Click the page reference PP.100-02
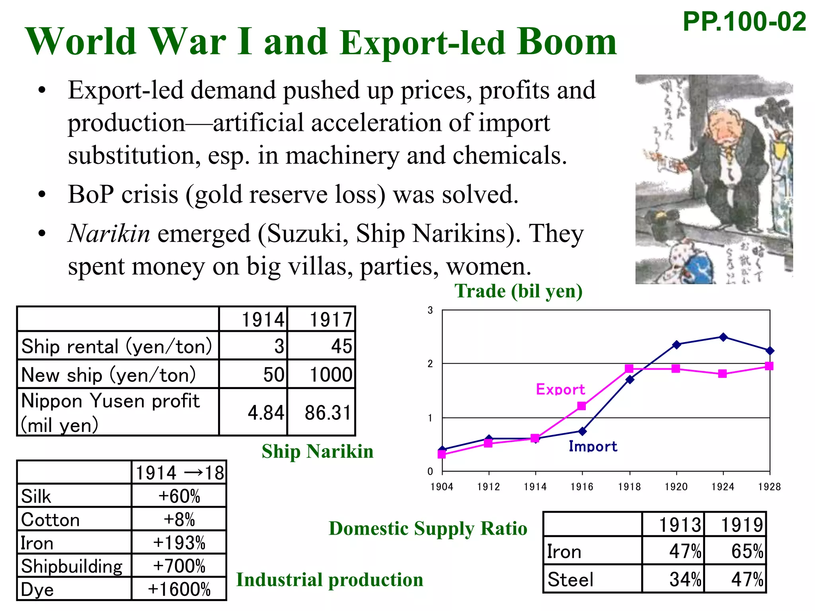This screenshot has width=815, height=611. [744, 22]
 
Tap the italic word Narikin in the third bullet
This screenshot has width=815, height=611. [109, 234]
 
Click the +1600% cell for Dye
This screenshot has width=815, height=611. [179, 589]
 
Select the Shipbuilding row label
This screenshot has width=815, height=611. [72, 566]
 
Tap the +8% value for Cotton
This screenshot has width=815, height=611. [179, 520]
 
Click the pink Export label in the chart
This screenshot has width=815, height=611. [560, 389]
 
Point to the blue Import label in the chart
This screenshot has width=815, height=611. [593, 446]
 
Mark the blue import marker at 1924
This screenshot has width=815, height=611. [723, 337]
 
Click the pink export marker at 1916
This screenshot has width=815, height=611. [582, 406]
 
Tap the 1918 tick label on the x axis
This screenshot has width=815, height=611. [629, 487]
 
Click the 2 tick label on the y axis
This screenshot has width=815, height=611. [430, 364]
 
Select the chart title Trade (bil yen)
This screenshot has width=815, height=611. [519, 291]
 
